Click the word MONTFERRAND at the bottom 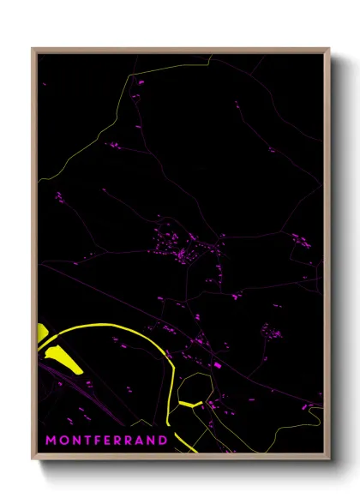point(106,441)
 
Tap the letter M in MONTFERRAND point(51,441)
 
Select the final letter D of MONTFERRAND point(163,441)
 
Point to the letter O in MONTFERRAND point(63,441)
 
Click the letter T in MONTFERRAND point(87,441)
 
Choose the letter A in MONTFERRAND point(139,441)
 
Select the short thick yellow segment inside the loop point(189,402)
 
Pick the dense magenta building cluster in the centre point(184,249)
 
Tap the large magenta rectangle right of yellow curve point(216,366)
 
